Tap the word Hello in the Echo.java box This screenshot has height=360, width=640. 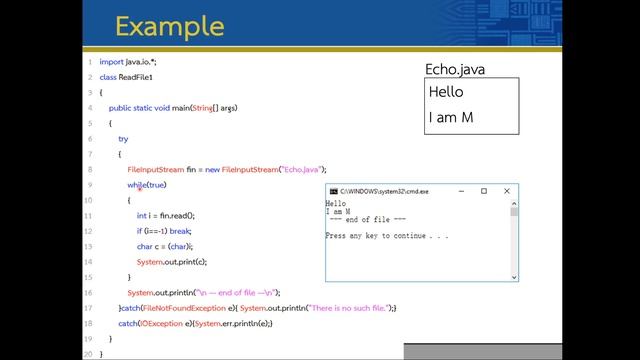[446, 92]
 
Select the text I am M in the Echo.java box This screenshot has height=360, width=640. [450, 118]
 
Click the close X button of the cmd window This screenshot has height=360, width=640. [507, 191]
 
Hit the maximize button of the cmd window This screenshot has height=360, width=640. [483, 191]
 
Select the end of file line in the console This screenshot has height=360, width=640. [367, 220]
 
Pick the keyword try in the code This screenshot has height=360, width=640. [123, 139]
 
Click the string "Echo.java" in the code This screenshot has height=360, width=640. [302, 169]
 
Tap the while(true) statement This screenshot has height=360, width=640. [146, 185]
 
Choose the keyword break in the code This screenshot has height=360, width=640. [180, 230]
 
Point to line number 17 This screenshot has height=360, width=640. [88, 308]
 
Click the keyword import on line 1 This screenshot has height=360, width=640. [111, 62]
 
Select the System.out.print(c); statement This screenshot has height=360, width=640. [172, 261]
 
